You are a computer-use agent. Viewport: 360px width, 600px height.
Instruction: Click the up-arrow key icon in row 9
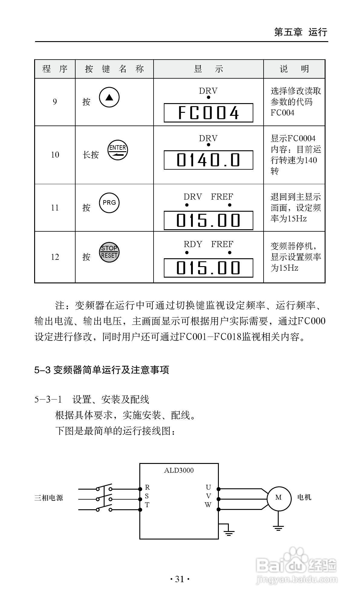[x=109, y=97]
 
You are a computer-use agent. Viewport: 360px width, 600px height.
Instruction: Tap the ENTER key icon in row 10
[x=118, y=150]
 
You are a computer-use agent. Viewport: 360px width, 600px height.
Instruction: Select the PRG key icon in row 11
[x=109, y=203]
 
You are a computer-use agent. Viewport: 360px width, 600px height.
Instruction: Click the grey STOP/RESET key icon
[x=109, y=252]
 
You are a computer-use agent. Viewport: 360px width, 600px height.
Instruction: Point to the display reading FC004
[x=208, y=112]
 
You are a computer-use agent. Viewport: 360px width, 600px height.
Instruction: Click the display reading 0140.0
[x=208, y=160]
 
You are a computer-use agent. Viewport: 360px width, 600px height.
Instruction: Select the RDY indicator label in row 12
[x=193, y=244]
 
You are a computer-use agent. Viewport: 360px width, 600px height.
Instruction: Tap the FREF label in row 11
[x=222, y=197]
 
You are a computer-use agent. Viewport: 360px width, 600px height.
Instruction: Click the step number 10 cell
[x=55, y=155]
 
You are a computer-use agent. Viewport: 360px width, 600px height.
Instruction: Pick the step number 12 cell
[x=55, y=257]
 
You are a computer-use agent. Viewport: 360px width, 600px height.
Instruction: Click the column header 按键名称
[x=114, y=69]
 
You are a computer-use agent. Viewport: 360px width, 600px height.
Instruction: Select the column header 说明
[x=294, y=69]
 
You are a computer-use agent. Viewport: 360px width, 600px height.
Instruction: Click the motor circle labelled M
[x=279, y=497]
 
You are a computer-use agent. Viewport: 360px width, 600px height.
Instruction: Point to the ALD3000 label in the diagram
[x=179, y=470]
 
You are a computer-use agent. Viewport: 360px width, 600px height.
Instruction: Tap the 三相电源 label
[x=49, y=498]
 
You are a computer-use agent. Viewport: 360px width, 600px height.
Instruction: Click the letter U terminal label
[x=208, y=487]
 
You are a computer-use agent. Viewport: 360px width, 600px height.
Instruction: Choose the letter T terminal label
[x=147, y=505]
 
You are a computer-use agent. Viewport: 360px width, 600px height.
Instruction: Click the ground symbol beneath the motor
[x=278, y=528]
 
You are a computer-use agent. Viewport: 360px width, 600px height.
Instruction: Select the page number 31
[x=180, y=579]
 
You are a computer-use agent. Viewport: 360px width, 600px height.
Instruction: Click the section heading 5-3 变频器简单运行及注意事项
[x=102, y=370]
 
